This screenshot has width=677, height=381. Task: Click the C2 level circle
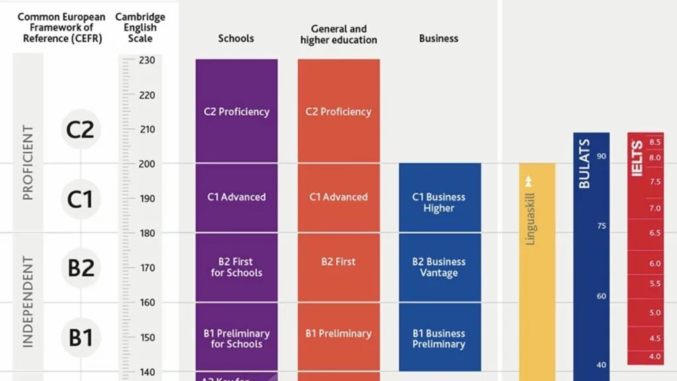click(x=81, y=129)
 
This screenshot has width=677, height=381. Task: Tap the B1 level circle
click(x=81, y=337)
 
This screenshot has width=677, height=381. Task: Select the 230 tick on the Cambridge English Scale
click(x=147, y=60)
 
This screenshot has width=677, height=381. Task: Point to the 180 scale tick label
click(x=147, y=233)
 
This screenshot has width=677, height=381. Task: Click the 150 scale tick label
click(x=147, y=337)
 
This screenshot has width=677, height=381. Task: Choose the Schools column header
click(x=236, y=38)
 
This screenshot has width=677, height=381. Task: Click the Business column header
click(x=438, y=38)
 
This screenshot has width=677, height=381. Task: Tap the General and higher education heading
click(x=338, y=34)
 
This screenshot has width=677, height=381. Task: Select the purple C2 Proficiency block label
click(x=237, y=112)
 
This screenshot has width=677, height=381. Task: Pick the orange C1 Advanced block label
click(x=338, y=197)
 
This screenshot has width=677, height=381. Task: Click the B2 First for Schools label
click(x=237, y=267)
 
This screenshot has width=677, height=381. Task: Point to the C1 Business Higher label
click(x=439, y=202)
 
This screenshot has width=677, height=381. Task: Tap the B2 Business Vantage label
click(x=439, y=267)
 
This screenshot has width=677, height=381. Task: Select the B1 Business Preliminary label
click(x=439, y=339)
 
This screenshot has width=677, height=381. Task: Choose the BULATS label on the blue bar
click(x=584, y=163)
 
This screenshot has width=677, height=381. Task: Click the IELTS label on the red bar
click(x=637, y=159)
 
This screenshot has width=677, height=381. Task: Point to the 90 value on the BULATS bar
click(x=602, y=156)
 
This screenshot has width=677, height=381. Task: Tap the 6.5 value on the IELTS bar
click(x=655, y=233)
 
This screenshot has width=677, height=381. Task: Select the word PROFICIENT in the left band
click(x=28, y=163)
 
